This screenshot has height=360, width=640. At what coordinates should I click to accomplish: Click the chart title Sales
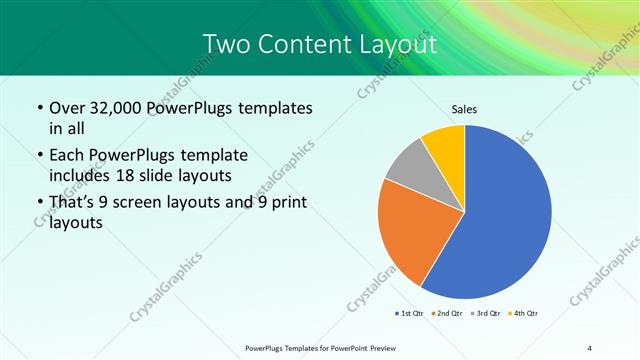click(465, 109)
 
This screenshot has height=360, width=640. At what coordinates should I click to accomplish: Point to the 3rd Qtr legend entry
click(483, 314)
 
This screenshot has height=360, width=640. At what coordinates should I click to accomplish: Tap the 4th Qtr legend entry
click(522, 314)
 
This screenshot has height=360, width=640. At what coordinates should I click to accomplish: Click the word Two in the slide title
click(225, 44)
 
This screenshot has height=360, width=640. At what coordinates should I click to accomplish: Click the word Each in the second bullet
click(67, 156)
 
